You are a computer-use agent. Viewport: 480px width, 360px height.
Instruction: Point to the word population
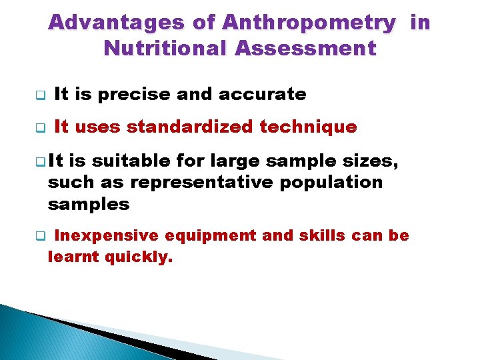click(327, 182)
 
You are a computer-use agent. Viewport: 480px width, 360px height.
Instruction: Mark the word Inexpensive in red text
click(106, 235)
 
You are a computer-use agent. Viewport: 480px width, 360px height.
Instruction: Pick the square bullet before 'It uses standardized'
click(39, 127)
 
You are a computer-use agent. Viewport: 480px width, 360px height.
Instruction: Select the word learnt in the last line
click(74, 256)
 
